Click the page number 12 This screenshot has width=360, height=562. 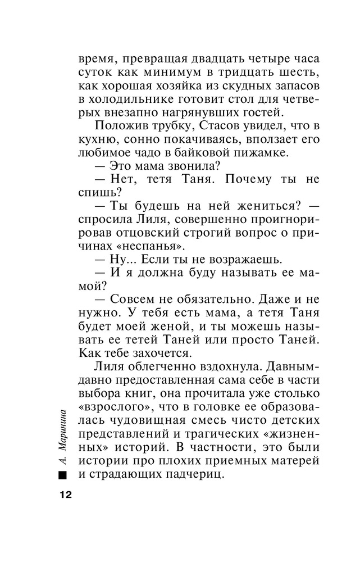click(62, 495)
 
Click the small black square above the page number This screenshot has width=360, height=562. click(62, 475)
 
